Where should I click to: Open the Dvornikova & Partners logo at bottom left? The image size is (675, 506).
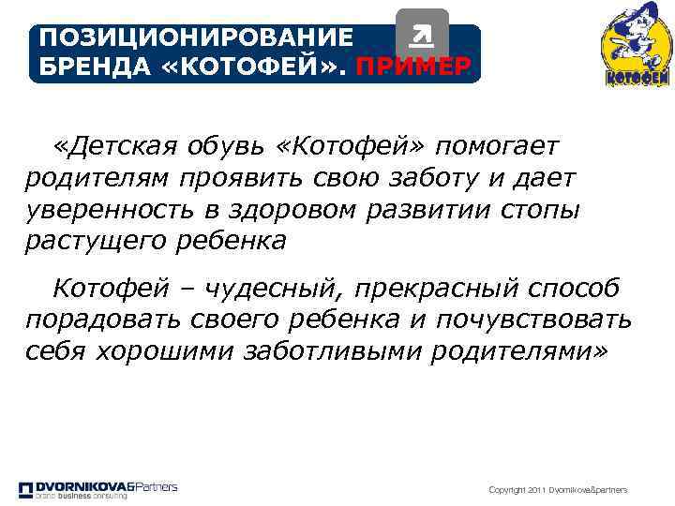coord(98,488)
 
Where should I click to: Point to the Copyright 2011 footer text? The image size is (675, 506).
coord(559,490)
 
